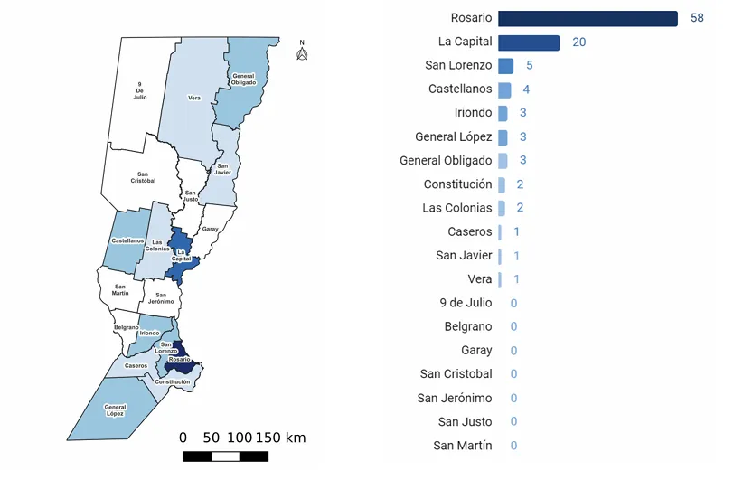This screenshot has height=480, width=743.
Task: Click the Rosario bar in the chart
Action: (x=588, y=19)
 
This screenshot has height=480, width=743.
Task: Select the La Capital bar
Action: (x=529, y=42)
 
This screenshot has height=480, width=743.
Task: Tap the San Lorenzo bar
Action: (x=505, y=66)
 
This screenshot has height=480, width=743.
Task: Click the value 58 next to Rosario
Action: (x=696, y=19)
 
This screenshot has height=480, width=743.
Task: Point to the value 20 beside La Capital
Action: (x=579, y=42)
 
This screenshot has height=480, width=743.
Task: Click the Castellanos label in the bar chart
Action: (x=460, y=89)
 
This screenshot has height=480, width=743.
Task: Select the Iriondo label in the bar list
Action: (x=473, y=113)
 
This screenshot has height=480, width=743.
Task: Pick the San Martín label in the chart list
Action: (x=463, y=446)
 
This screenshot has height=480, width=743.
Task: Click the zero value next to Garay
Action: (x=513, y=351)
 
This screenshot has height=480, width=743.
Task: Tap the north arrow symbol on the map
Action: (x=302, y=52)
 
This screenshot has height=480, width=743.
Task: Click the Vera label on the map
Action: (x=194, y=98)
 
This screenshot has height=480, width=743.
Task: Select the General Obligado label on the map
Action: (x=243, y=80)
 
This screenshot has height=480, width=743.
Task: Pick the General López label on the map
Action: (x=115, y=410)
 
